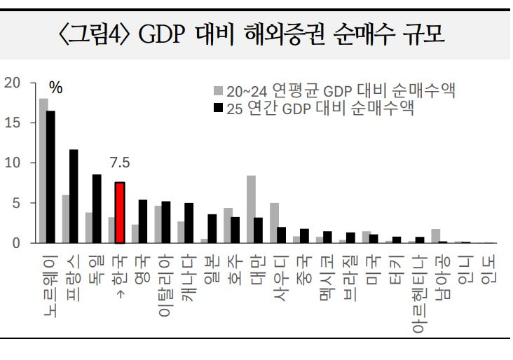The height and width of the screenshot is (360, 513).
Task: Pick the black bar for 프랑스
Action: pos(74,196)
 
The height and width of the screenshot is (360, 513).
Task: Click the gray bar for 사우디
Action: pos(274,223)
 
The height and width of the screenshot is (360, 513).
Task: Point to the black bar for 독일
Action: pos(97,208)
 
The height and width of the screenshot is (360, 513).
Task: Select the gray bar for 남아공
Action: pos(435,236)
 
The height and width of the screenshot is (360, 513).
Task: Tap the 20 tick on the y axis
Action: pos(12,83)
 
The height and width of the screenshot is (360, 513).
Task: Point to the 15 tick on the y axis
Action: pos(12,123)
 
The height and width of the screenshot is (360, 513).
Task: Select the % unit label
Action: pos(55,89)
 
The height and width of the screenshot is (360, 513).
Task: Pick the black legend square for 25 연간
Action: pos(218,108)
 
